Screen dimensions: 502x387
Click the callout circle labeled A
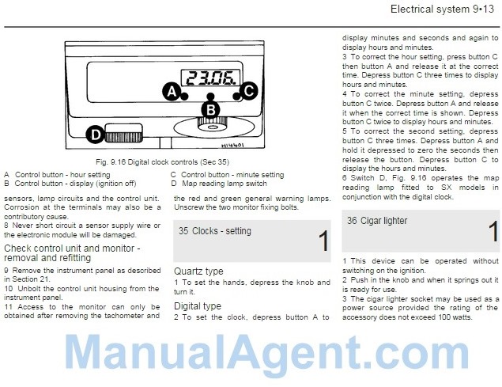point(172,92)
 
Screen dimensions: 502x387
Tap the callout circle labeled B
point(210,110)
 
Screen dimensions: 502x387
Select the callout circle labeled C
point(249,91)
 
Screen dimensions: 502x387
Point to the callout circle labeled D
point(96,135)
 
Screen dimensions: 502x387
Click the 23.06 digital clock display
point(211,78)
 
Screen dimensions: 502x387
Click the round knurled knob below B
point(212,125)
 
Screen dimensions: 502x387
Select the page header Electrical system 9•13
point(443,9)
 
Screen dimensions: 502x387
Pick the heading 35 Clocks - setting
point(215,231)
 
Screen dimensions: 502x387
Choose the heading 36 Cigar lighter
point(377,221)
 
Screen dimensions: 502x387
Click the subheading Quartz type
point(198,271)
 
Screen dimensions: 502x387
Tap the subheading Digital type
point(198,306)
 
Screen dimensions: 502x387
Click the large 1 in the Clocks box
point(323,241)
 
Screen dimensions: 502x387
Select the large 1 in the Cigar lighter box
point(493,232)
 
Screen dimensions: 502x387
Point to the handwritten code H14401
point(232,146)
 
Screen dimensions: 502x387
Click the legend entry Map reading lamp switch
point(224,184)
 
